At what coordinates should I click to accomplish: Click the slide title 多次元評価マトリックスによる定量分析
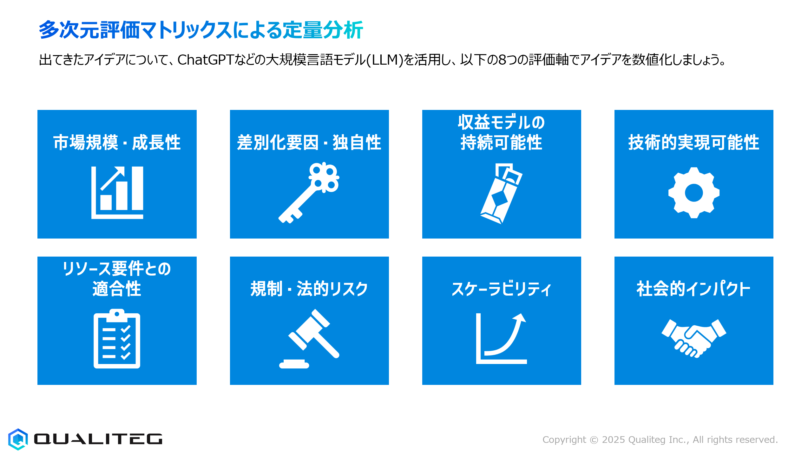[x=201, y=30]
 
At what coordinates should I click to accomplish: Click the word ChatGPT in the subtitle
[x=205, y=60]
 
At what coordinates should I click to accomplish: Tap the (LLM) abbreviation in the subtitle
[x=384, y=60]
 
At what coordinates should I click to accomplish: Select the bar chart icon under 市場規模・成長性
[x=117, y=192]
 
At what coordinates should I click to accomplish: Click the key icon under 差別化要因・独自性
[x=309, y=193]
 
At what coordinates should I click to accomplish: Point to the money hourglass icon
[x=501, y=194]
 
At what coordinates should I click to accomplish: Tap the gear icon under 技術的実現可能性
[x=694, y=193]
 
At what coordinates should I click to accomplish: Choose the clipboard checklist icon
[x=117, y=339]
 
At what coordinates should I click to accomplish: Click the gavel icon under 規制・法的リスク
[x=309, y=339]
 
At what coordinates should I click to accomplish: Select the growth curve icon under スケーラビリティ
[x=501, y=338]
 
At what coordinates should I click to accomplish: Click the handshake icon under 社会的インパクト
[x=694, y=338]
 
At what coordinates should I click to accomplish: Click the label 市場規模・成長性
[x=117, y=142]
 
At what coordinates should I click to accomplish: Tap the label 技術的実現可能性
[x=694, y=142]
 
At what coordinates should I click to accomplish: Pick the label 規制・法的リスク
[x=309, y=289]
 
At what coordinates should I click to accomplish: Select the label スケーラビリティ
[x=501, y=289]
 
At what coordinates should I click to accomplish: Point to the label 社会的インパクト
[x=693, y=289]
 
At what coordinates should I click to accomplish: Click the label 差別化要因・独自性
[x=309, y=142]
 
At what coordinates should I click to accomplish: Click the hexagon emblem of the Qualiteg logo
[x=18, y=439]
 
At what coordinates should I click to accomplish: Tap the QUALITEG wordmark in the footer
[x=98, y=439]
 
